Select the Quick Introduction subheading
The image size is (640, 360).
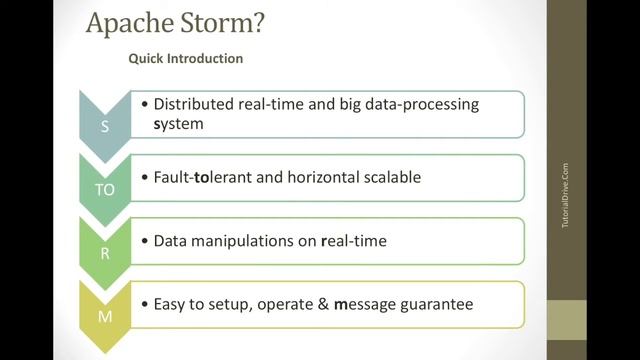[185, 59]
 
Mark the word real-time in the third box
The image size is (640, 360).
[354, 241]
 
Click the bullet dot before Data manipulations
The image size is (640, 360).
[145, 241]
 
